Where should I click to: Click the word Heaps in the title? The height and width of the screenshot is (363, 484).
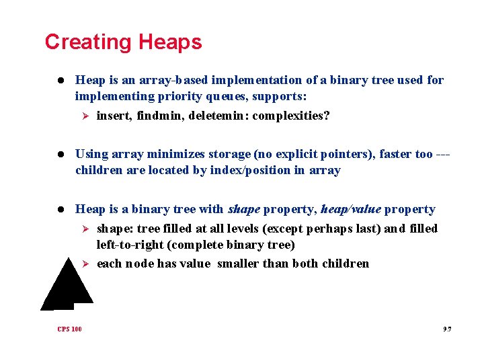point(170,42)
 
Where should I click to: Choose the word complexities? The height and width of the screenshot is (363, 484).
point(291,116)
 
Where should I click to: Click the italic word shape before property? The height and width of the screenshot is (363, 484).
point(244,209)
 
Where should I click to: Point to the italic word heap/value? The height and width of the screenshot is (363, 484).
point(351,209)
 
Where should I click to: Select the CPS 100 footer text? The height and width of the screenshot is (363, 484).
point(69,329)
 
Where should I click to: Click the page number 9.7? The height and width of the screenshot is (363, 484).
point(447,329)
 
